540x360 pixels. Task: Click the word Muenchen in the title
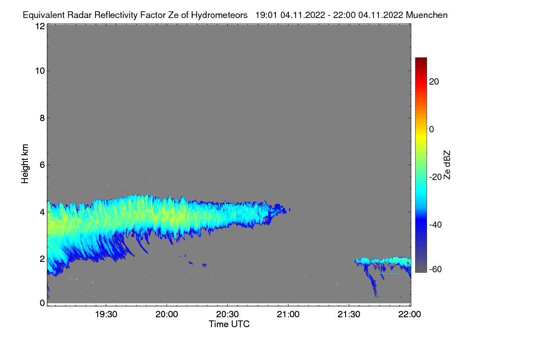click(x=427, y=15)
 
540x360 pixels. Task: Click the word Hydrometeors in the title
click(x=219, y=15)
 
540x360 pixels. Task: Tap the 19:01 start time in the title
click(x=266, y=15)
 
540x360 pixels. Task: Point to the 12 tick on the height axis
click(x=40, y=26)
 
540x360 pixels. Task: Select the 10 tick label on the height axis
click(x=40, y=71)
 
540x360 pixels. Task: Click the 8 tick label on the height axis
click(x=42, y=118)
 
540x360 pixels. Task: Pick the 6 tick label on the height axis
click(x=42, y=165)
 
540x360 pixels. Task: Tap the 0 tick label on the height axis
click(x=42, y=303)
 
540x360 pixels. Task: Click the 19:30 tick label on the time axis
click(x=106, y=314)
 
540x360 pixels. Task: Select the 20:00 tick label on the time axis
click(x=166, y=314)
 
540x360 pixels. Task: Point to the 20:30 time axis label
click(x=227, y=314)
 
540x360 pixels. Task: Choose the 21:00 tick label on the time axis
click(x=288, y=314)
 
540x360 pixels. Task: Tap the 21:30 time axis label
click(x=349, y=314)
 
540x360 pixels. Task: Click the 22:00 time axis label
click(x=409, y=314)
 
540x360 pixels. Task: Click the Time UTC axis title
click(x=229, y=324)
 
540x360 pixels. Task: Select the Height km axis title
click(x=25, y=164)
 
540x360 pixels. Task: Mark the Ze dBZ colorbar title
click(x=447, y=165)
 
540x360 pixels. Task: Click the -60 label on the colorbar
click(x=436, y=269)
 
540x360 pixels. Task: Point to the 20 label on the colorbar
click(x=434, y=82)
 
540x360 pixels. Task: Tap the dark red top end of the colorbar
click(x=421, y=58)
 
